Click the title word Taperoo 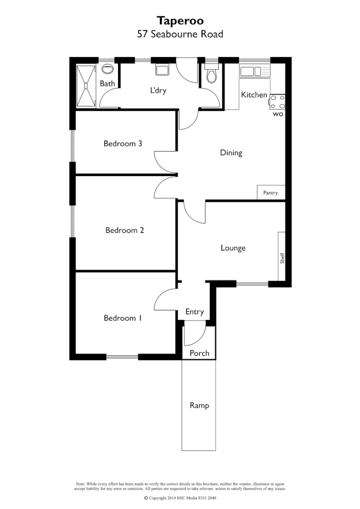coord(180,21)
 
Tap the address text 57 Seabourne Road coord(180,34)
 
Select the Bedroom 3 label coord(122,143)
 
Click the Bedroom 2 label coord(125,230)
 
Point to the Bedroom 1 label coord(122,318)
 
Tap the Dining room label coord(231,153)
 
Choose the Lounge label coord(233,248)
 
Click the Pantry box coord(271,193)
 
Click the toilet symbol coord(211,75)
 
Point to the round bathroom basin coord(108,70)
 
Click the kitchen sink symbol coord(255,71)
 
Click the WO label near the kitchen coord(277,115)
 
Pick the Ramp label coord(199,405)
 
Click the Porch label coord(199,353)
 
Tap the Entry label coord(194,312)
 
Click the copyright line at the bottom coord(180,498)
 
